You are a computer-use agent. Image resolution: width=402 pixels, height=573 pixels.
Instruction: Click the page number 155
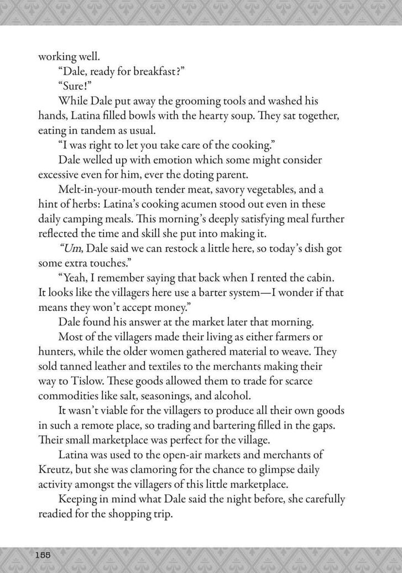click(43, 554)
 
